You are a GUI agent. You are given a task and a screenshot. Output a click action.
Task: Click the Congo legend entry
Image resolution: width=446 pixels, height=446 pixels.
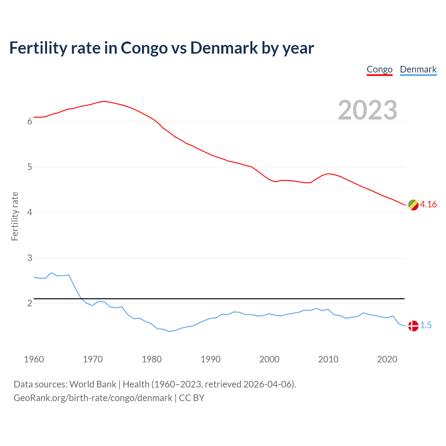tap(379, 70)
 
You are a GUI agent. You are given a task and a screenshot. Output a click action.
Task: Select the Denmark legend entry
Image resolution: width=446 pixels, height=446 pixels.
tap(418, 70)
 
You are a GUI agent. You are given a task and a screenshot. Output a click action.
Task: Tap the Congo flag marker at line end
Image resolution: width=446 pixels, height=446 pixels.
tap(413, 205)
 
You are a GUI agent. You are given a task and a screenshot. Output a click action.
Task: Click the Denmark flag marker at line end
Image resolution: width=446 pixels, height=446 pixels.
tap(413, 326)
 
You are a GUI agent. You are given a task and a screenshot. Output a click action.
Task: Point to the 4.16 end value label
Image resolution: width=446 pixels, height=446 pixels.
tap(428, 205)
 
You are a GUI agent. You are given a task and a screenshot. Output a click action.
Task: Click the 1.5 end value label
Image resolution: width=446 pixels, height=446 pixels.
tap(426, 325)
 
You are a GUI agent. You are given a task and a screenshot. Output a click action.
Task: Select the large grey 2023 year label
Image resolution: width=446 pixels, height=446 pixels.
tap(367, 110)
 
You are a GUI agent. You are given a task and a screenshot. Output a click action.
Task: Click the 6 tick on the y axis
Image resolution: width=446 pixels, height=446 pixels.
tap(30, 122)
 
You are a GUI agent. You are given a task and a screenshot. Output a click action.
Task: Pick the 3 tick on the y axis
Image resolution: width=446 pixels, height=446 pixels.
tap(30, 258)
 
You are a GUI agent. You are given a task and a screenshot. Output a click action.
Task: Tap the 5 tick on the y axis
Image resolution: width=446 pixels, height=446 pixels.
tap(30, 167)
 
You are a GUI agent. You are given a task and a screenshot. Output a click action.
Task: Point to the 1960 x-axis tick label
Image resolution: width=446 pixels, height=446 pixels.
tap(34, 359)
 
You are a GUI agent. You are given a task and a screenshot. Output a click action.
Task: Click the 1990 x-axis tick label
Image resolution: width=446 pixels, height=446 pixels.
tap(210, 359)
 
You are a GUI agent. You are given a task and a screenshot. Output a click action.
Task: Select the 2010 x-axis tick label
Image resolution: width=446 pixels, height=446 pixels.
tap(328, 359)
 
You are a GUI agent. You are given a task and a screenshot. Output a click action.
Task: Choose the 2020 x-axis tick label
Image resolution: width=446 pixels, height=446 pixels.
tap(387, 359)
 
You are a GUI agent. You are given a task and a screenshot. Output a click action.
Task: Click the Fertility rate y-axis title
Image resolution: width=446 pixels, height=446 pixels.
tap(15, 216)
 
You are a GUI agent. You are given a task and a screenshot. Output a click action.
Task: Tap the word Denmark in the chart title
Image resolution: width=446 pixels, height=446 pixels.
tap(224, 48)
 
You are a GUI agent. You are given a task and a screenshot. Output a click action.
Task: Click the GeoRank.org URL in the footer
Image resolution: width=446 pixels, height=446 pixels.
tap(93, 398)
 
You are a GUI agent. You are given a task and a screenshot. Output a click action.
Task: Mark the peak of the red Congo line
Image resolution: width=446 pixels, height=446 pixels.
tap(104, 101)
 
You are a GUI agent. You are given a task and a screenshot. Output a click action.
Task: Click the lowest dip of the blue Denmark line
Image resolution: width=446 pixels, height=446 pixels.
tap(169, 331)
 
